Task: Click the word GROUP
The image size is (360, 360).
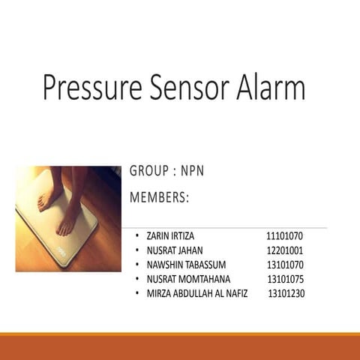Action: pos(150,171)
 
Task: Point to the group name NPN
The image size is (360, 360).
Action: pos(192,171)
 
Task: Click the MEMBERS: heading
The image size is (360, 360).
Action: pos(159,198)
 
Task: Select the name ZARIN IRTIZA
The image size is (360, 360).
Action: pos(170,235)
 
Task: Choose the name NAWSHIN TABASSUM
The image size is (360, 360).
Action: pos(186,265)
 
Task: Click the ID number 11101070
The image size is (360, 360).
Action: pos(285,235)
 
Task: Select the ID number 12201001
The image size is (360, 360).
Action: pos(285,250)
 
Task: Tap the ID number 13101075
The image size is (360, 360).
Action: pos(286,279)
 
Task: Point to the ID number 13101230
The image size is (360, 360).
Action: pos(286,293)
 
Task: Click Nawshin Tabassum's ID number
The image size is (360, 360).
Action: pos(285,265)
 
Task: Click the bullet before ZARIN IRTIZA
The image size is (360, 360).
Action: pos(137,235)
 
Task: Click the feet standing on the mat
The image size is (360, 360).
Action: pos(60,202)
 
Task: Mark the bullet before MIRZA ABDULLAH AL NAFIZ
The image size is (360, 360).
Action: pos(137,293)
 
